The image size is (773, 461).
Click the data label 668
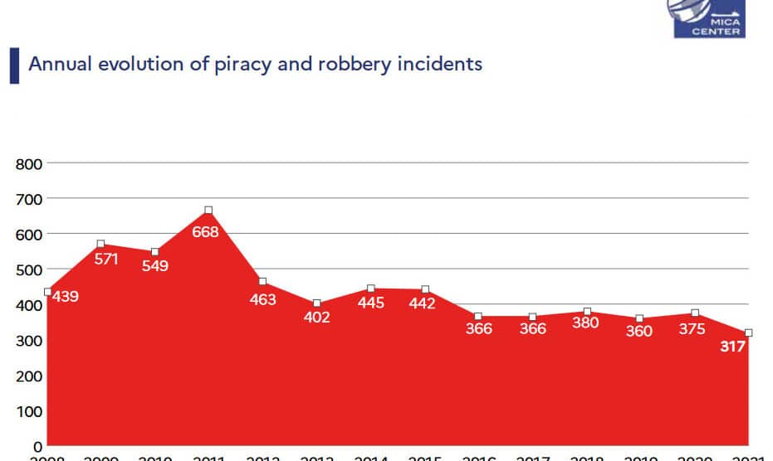tap(205, 232)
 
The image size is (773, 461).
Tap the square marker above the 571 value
tap(100, 245)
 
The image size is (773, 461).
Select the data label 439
tap(65, 296)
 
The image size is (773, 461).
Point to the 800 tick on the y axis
tap(29, 163)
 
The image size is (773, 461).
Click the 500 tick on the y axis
tap(29, 269)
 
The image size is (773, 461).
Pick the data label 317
tap(732, 347)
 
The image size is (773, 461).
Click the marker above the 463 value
tap(262, 282)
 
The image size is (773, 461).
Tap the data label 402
tap(317, 318)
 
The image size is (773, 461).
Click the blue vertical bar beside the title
tap(14, 66)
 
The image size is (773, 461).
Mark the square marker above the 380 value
tap(587, 313)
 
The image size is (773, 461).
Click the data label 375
tap(692, 329)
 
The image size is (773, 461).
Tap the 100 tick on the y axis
tap(29, 411)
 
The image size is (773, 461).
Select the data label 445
tap(370, 303)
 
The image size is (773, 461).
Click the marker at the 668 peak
tap(208, 211)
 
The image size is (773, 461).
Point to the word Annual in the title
tap(57, 64)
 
